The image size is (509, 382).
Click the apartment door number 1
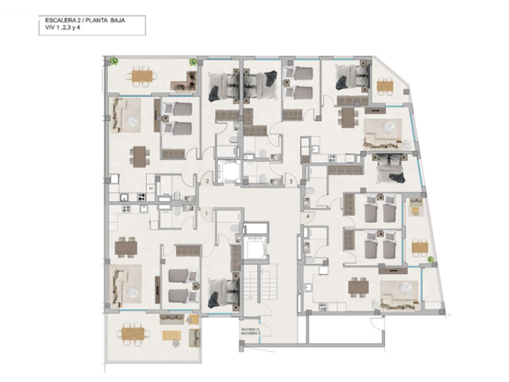coord(207,213)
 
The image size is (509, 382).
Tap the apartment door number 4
coord(308,216)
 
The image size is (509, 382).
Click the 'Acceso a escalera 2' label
coord(250,332)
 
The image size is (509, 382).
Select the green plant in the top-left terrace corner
coord(114,61)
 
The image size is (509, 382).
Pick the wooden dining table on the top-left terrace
coord(143,76)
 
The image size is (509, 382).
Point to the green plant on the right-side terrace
coord(430,260)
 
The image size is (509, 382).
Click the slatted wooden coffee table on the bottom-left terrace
coord(171,335)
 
